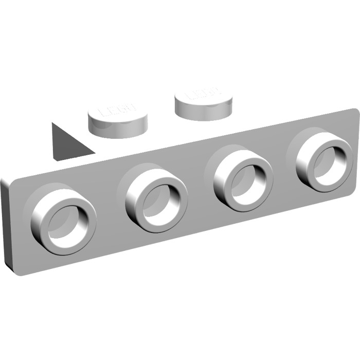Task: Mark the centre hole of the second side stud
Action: pos(158,200)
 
